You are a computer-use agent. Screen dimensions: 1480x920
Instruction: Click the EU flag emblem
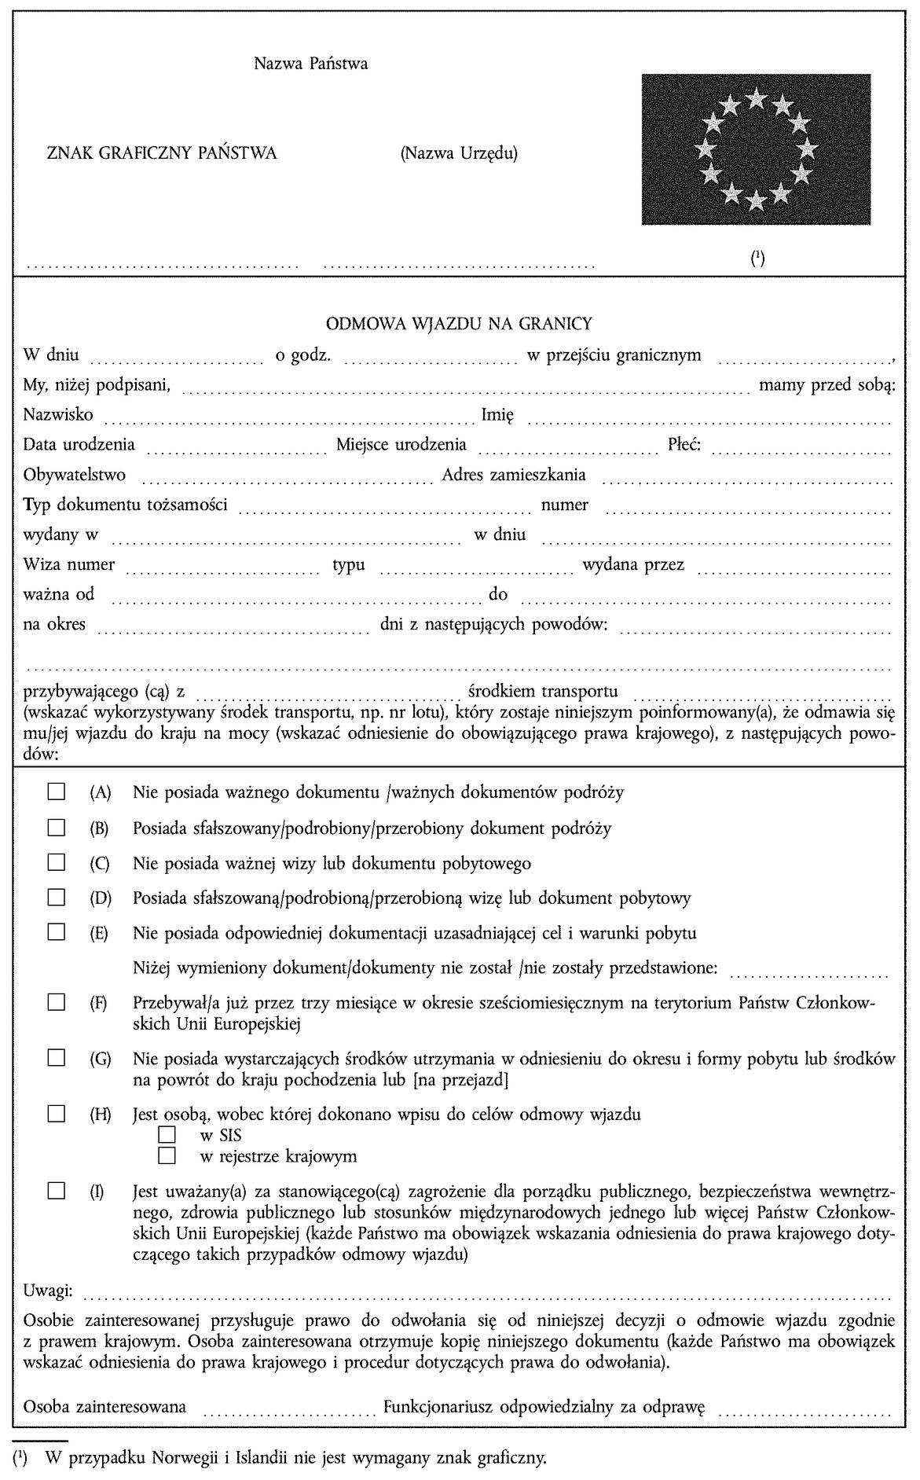755,149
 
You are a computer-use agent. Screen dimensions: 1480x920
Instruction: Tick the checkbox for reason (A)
56,791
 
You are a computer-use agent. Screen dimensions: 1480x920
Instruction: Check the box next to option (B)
56,827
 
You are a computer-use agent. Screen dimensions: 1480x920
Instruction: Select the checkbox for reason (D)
56,897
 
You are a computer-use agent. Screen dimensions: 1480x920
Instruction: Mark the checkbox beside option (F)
56,1003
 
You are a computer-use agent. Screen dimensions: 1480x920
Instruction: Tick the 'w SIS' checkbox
167,1135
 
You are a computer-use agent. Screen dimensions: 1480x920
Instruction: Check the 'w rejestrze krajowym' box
167,1155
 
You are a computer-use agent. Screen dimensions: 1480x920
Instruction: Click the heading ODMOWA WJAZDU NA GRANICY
459,323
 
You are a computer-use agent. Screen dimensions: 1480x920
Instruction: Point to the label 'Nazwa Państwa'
310,64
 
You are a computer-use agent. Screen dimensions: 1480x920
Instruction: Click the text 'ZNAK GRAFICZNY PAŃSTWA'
163,153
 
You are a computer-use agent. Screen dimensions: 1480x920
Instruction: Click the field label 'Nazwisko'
58,414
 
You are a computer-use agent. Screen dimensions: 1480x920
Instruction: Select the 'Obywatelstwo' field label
75,475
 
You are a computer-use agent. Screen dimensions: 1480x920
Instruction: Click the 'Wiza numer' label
69,564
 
